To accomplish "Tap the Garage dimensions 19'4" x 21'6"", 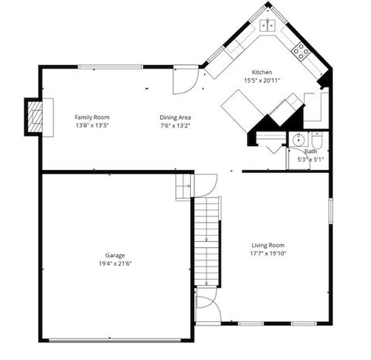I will pos(114,263).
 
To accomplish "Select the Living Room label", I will pos(266,245).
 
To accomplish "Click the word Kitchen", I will pos(260,71).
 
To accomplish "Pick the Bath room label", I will pos(310,151).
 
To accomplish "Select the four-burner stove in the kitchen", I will pos(301,51).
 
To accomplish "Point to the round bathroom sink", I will pos(296,140).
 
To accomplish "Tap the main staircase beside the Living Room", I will pos(206,242).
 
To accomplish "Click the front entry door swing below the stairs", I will pos(207,308).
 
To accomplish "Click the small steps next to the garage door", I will pos(184,186).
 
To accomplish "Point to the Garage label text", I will pos(115,255).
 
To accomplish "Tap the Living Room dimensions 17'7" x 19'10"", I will pos(266,253).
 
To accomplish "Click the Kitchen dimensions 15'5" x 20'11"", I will pos(261,80).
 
